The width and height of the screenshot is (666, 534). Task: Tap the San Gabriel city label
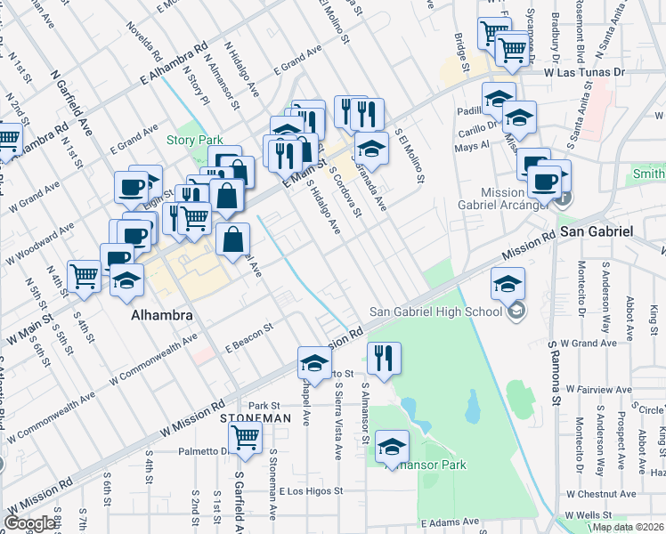pos(596,231)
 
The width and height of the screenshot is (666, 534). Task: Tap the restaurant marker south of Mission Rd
pos(384,358)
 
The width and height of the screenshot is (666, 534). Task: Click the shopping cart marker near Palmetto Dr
pos(245,437)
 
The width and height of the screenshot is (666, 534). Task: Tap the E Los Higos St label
pos(311,491)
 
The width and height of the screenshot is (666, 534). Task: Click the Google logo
pos(30,523)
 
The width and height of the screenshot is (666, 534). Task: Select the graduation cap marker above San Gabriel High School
pos(508,284)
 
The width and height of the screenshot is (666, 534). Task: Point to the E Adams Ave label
pos(450,522)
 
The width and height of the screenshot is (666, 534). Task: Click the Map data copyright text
pos(627,527)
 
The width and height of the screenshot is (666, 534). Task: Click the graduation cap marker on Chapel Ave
pos(313,362)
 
